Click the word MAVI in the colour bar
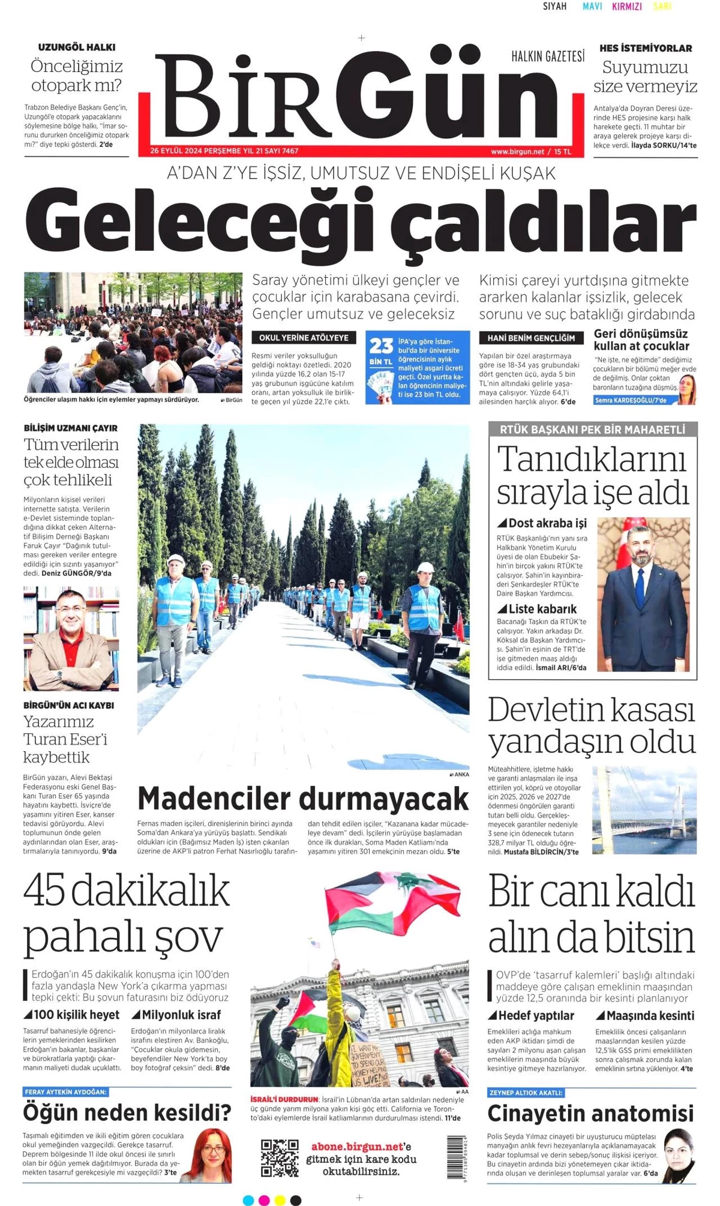(x=592, y=7)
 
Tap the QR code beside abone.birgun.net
(x=280, y=1158)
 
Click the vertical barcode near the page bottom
(x=457, y=1158)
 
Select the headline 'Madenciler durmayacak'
(x=303, y=799)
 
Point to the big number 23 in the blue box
(x=380, y=346)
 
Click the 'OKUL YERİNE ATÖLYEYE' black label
(x=304, y=338)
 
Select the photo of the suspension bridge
(x=644, y=810)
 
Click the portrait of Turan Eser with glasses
(x=71, y=638)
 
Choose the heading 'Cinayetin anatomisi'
(x=590, y=1114)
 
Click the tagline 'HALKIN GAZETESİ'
(x=548, y=57)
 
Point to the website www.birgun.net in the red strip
(x=517, y=152)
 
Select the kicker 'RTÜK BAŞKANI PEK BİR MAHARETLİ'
(x=592, y=430)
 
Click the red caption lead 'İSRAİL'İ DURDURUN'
(x=284, y=1099)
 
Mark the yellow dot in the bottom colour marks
(x=280, y=1200)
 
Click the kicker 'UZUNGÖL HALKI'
(x=77, y=47)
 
